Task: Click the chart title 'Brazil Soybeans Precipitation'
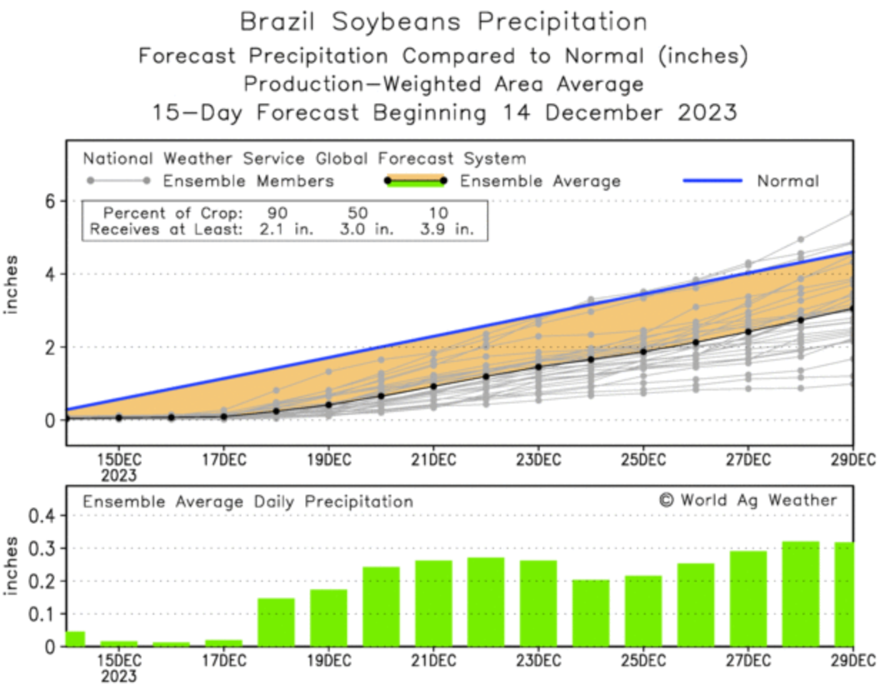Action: (443, 21)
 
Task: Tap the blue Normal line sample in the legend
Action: (712, 181)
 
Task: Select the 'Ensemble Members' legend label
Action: (248, 181)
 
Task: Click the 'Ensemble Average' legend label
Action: (540, 181)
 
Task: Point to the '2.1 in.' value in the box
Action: (286, 230)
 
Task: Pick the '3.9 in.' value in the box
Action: (446, 230)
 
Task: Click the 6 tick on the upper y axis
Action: (49, 201)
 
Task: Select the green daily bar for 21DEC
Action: (433, 603)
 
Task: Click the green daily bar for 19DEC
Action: (328, 618)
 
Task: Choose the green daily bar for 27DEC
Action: (748, 598)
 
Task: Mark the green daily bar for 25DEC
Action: (643, 610)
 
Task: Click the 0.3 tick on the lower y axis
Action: (41, 548)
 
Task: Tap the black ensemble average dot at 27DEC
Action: (748, 332)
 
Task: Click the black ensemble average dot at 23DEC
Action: (538, 367)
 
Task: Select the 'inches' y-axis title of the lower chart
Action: (11, 566)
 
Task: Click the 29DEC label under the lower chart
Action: (853, 661)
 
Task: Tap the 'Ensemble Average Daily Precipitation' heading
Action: (248, 502)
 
